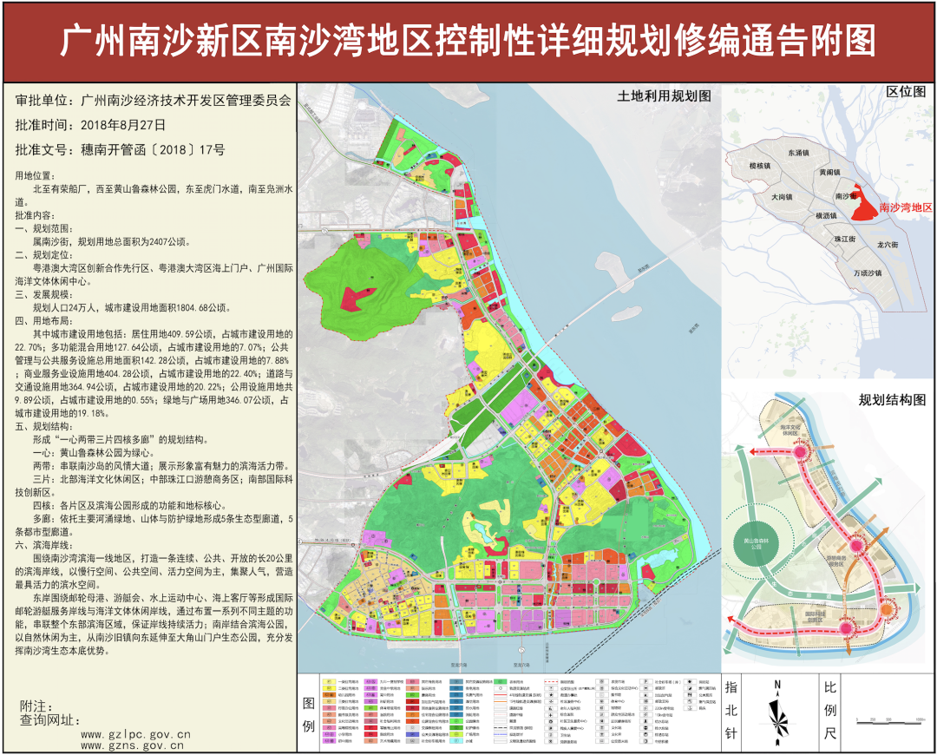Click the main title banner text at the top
(468, 40)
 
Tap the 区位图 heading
(905, 91)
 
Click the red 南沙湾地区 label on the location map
(904, 208)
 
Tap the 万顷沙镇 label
(867, 272)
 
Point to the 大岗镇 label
(783, 197)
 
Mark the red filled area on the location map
(862, 205)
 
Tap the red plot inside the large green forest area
(351, 299)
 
